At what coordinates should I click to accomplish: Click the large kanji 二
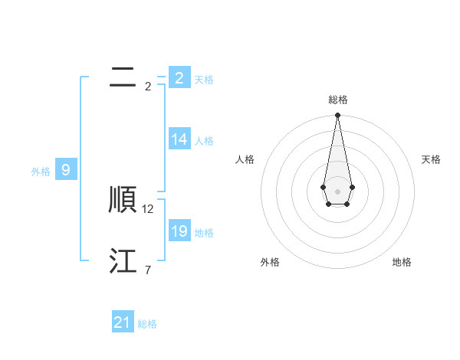pos(123,77)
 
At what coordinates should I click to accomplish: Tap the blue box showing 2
pos(179,78)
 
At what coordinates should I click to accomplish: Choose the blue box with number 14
pos(179,139)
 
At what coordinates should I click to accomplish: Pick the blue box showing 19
pos(179,231)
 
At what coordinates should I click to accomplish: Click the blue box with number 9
pos(66,170)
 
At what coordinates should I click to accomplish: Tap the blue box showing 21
pos(123,322)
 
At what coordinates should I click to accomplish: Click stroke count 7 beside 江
pos(147,270)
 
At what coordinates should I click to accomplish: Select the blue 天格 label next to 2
pos(204,80)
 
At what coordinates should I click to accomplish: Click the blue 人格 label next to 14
pos(204,141)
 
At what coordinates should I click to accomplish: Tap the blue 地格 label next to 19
pos(204,233)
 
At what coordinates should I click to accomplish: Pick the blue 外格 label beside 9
pos(41,172)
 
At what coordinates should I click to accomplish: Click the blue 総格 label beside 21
pos(147,324)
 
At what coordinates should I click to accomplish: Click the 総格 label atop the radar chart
pos(338,100)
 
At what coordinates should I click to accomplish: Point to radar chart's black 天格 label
pos(431,159)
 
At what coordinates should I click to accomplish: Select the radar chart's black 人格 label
pos(245,159)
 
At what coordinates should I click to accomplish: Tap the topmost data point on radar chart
pos(338,116)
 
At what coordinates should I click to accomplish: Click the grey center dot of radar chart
pos(338,191)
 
